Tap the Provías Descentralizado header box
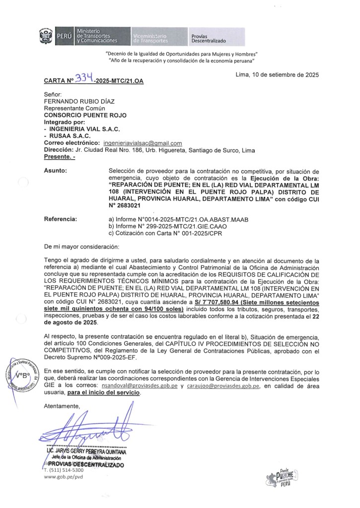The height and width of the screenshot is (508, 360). point(216,37)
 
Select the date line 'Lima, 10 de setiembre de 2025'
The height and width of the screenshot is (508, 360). point(277,75)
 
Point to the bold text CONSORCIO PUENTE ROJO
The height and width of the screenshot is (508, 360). point(85,115)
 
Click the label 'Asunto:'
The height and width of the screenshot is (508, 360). point(56,171)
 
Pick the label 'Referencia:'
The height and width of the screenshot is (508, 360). point(61,218)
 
